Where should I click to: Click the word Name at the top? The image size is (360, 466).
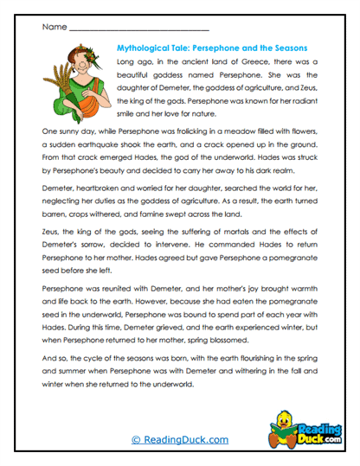[x=53, y=28]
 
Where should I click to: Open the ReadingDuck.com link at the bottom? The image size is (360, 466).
[x=179, y=440]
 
